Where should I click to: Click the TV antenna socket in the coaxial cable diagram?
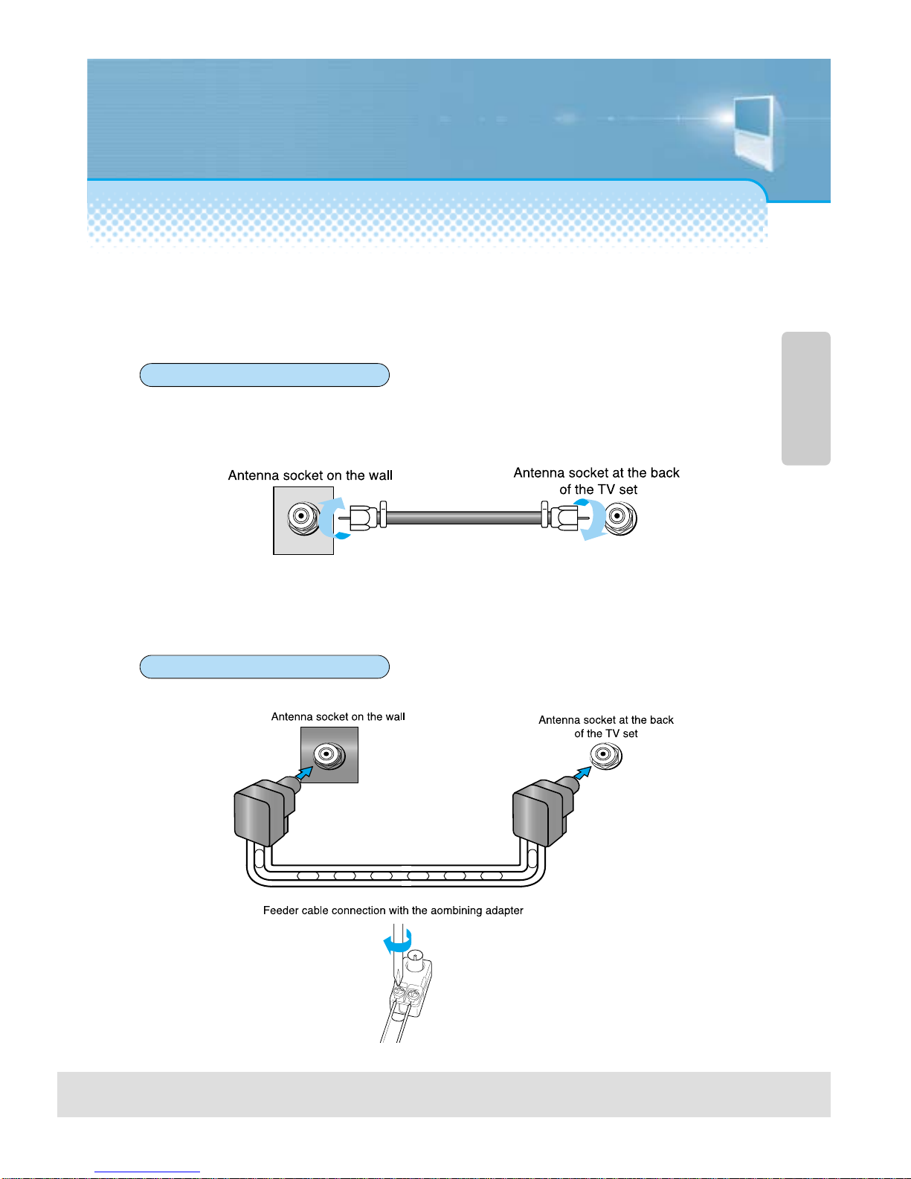point(620,518)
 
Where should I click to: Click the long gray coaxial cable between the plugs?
point(463,518)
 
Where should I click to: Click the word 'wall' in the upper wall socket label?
point(381,475)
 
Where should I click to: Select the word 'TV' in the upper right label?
point(607,489)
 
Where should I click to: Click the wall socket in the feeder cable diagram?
point(329,755)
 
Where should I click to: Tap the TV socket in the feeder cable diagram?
point(605,755)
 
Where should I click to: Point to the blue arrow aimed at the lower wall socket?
point(305,773)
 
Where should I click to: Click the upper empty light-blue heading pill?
point(265,375)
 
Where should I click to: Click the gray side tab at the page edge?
point(806,398)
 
